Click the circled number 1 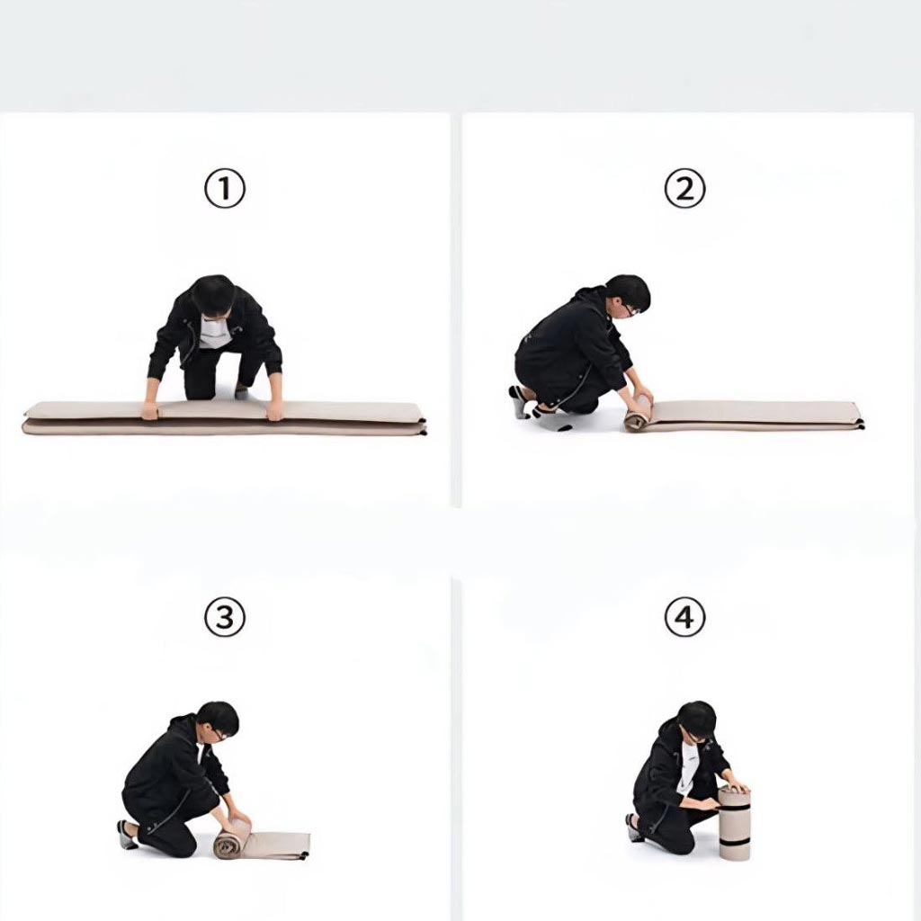[224, 189]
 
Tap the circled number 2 [684, 189]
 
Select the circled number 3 [224, 617]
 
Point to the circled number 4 [684, 617]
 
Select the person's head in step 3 [218, 720]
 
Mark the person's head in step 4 [697, 720]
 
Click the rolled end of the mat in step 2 [638, 413]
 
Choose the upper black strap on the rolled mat [735, 809]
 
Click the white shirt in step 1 [214, 332]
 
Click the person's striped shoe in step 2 [519, 401]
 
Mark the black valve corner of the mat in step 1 [423, 431]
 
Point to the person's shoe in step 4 [634, 827]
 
